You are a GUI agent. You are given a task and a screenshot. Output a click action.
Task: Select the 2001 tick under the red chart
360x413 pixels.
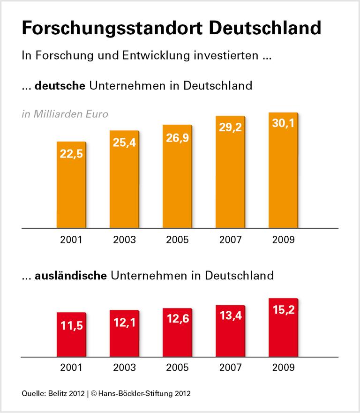point(71,367)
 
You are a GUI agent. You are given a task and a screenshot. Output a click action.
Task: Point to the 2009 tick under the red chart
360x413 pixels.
point(283,367)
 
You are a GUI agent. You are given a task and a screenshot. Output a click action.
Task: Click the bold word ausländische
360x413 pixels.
point(71,275)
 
